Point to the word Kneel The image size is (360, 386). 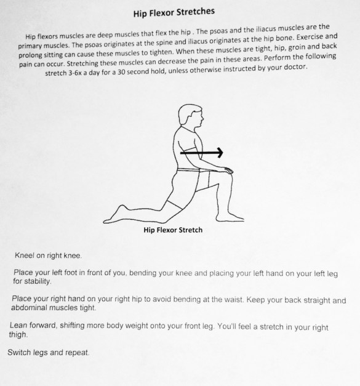[x=24, y=254]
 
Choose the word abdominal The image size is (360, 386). [x=30, y=308]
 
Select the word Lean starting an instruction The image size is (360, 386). [x=20, y=325]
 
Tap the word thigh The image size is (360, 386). [x=18, y=336]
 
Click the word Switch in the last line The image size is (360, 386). [x=18, y=353]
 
